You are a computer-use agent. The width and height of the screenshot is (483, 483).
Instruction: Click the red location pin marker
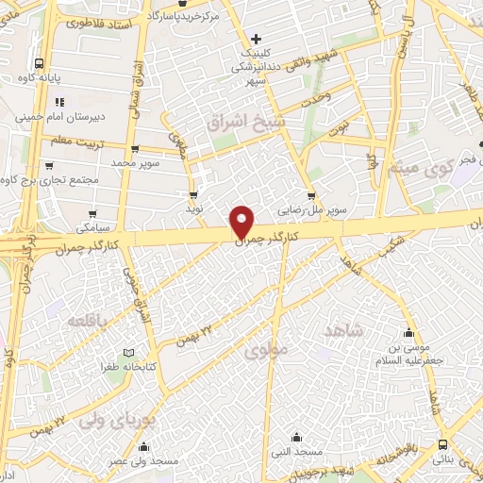(242, 221)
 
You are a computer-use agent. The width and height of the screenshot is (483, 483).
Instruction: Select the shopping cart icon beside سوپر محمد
(136, 149)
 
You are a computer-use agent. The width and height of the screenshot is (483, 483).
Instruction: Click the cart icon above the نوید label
(193, 194)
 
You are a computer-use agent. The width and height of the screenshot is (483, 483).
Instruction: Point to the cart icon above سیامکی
(92, 213)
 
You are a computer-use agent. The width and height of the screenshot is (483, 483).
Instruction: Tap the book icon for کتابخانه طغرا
(115, 351)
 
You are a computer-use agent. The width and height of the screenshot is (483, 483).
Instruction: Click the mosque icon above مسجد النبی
(297, 437)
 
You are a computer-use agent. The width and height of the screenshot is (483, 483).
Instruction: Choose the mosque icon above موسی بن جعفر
(408, 333)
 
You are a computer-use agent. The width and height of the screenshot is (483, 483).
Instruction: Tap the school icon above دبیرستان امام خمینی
(59, 102)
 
